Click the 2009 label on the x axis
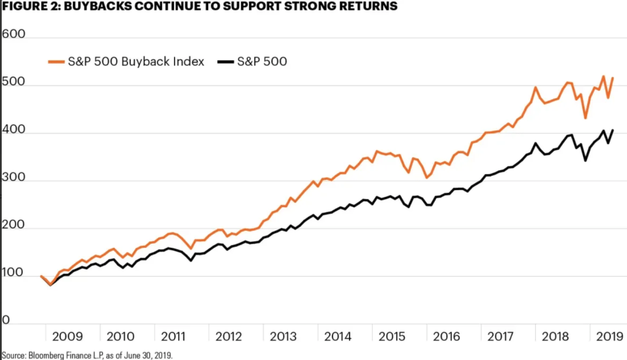pyautogui.click(x=67, y=337)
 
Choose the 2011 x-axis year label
pyautogui.click(x=176, y=337)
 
